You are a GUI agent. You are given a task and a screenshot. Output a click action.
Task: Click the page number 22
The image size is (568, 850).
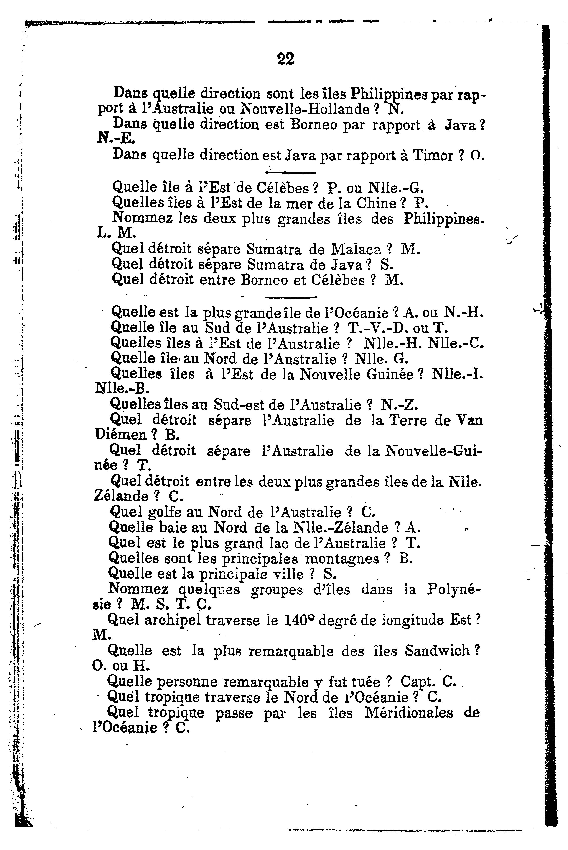(x=285, y=59)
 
